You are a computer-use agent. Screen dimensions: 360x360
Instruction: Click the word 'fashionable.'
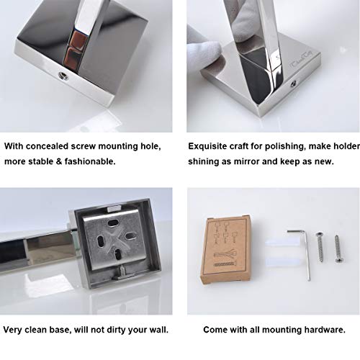point(86,161)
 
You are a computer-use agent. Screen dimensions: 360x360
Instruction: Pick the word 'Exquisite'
point(211,146)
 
